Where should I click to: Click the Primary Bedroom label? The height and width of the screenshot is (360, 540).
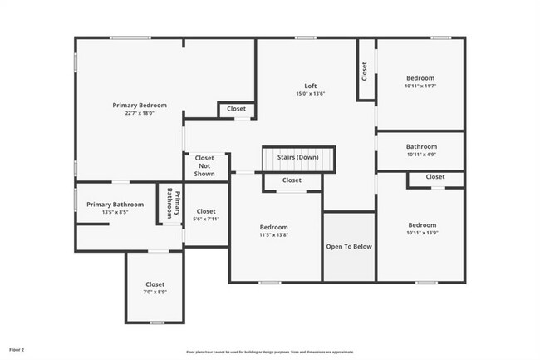click(x=140, y=106)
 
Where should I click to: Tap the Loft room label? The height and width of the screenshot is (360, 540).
click(x=310, y=86)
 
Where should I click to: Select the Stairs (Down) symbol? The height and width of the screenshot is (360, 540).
click(x=297, y=157)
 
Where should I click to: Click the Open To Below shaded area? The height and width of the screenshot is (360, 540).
click(x=349, y=247)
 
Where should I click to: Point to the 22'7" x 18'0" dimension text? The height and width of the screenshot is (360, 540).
click(x=140, y=114)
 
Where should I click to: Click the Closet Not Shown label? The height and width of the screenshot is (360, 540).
click(x=204, y=165)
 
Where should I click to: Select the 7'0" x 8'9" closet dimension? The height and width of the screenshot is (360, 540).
click(x=155, y=293)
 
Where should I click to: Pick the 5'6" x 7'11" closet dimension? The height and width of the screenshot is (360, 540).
click(x=205, y=219)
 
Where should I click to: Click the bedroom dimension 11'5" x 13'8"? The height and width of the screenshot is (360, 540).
click(x=274, y=235)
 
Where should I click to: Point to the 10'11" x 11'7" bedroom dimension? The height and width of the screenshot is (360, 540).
click(x=420, y=86)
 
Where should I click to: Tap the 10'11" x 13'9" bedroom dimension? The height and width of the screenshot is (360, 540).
click(x=421, y=233)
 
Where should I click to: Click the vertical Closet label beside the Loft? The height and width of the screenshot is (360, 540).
click(x=365, y=72)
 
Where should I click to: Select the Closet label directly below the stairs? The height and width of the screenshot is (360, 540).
click(x=292, y=180)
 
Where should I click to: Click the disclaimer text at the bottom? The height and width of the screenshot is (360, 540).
click(x=269, y=353)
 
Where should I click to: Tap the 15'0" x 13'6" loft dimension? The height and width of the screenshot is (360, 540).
click(x=310, y=94)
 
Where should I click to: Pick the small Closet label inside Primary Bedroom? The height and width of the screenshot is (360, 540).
click(x=236, y=109)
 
